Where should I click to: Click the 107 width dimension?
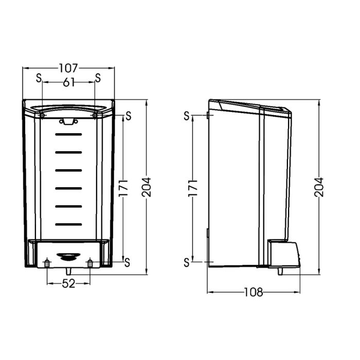tap(68, 68)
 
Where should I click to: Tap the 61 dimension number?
tap(69, 82)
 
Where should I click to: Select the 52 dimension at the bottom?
tap(68, 284)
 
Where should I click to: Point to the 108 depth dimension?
tap(254, 292)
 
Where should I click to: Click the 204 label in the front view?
tap(147, 187)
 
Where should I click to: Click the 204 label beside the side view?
tap(319, 187)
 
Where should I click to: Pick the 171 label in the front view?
tap(123, 188)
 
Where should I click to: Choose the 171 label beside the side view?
tap(193, 188)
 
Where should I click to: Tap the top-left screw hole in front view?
tap(42, 115)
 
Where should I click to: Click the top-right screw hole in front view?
tap(95, 115)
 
